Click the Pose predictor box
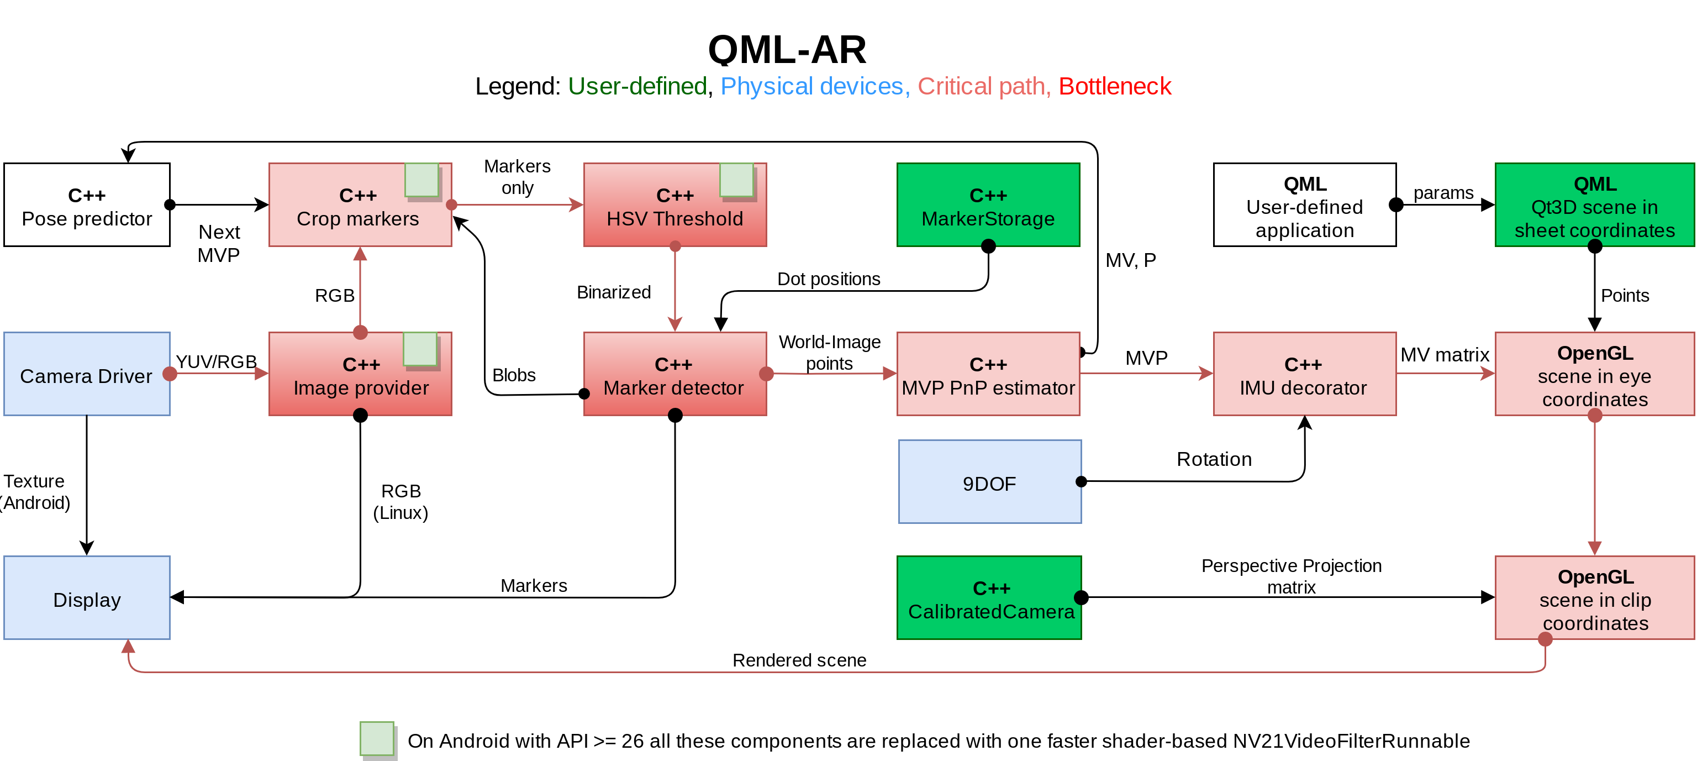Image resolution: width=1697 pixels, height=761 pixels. click(87, 205)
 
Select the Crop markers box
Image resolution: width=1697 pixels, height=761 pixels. click(360, 205)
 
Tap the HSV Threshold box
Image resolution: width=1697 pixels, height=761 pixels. click(675, 205)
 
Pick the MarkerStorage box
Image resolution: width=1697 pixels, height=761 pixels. click(988, 205)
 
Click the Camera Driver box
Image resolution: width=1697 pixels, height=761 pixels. click(87, 374)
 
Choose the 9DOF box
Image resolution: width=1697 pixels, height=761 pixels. click(989, 482)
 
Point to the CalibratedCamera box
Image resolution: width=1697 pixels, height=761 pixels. click(989, 597)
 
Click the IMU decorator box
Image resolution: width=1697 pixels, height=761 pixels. click(1304, 374)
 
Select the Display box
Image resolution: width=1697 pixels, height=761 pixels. click(87, 597)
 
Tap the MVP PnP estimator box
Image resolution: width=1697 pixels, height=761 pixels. click(988, 374)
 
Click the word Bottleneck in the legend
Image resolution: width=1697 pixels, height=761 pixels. click(1115, 86)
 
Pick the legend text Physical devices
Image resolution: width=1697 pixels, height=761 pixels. click(811, 86)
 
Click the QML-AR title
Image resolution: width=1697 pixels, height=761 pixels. click(787, 49)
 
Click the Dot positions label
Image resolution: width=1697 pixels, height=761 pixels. click(829, 279)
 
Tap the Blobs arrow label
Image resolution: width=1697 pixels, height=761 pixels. click(514, 375)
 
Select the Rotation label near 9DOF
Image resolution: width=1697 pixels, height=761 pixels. click(1214, 459)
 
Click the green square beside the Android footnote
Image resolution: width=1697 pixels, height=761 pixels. click(377, 738)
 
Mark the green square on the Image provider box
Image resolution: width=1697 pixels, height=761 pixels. click(420, 349)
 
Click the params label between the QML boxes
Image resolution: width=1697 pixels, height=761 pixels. click(1443, 193)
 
